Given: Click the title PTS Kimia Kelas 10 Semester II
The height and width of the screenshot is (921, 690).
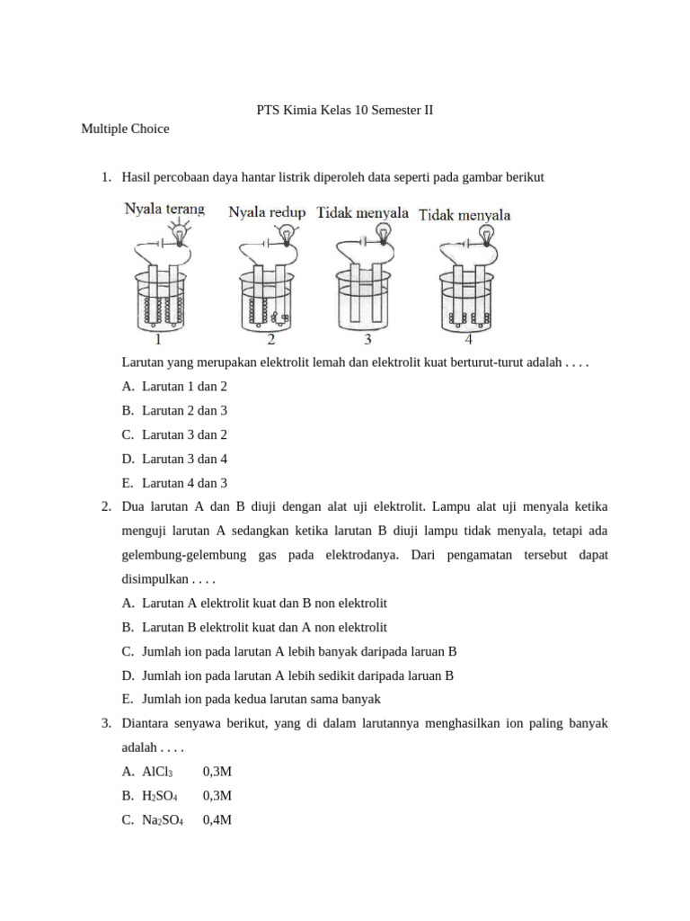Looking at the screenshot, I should (345, 111).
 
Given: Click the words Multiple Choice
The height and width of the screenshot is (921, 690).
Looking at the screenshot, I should (125, 129).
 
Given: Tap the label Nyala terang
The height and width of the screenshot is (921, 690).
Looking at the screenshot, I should (164, 209).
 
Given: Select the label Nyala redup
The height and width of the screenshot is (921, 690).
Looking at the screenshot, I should (267, 212).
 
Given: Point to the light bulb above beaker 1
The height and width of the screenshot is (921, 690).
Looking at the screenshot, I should (181, 236).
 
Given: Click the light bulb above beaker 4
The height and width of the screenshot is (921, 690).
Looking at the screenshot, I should (488, 236).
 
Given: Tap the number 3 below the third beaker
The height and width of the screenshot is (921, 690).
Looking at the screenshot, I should (367, 340).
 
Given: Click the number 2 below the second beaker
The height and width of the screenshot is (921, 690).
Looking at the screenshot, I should (270, 340).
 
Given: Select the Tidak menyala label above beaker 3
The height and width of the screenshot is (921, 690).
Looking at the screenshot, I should (363, 213).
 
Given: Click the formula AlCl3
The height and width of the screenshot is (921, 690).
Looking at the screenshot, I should (157, 772).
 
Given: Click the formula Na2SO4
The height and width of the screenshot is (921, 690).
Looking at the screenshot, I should (163, 820).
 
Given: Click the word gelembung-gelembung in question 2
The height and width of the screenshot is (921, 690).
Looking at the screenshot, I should (181, 555).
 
